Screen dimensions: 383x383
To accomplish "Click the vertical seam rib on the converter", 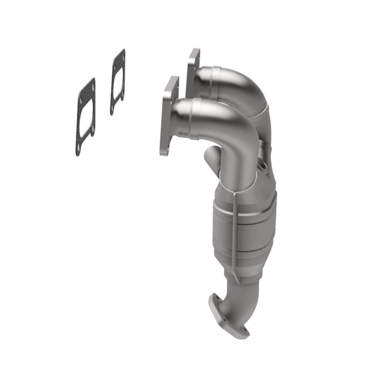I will point(234,237).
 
